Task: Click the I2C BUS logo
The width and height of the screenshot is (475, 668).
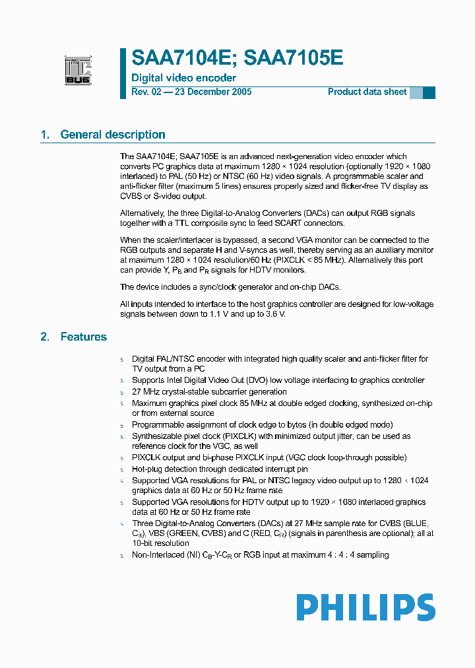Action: (x=78, y=71)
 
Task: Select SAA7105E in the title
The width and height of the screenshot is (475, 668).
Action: (x=294, y=59)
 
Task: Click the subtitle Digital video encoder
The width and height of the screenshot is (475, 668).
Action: (x=183, y=78)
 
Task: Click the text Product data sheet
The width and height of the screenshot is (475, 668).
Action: (x=367, y=92)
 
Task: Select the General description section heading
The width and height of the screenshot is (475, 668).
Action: (x=112, y=135)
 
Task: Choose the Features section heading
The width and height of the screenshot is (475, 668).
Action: (x=83, y=337)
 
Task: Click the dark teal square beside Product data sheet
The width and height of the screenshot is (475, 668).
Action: (x=429, y=92)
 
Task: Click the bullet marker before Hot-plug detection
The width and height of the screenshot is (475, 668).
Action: (x=121, y=469)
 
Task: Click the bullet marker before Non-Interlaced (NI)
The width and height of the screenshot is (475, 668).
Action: (x=121, y=556)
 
